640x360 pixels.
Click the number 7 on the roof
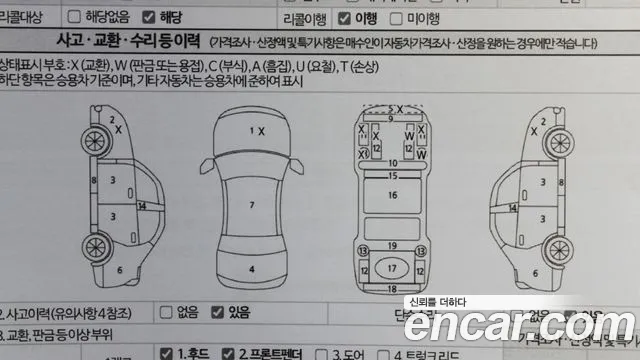pos(252,205)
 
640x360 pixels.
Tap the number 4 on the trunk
pos(252,269)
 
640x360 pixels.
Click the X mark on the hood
pos(261,131)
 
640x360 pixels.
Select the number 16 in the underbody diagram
pos(393,196)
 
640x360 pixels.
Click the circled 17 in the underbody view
pos(393,269)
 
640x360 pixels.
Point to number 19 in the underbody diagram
pos(393,245)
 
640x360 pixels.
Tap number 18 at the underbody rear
pos(393,288)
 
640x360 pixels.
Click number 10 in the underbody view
pos(393,162)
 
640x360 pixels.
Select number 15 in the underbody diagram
pos(393,175)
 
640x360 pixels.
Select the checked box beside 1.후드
pos(166,353)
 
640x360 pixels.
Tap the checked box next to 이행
pos(346,17)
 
